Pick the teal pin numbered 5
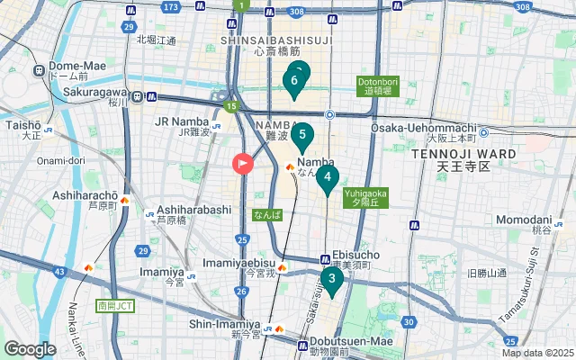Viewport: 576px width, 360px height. [x=302, y=138]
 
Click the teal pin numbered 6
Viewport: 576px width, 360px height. [x=293, y=82]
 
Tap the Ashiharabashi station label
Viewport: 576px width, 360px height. [x=194, y=209]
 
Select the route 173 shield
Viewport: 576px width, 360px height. [x=171, y=8]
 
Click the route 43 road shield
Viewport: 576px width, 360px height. [x=59, y=271]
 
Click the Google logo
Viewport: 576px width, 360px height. [x=30, y=349]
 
